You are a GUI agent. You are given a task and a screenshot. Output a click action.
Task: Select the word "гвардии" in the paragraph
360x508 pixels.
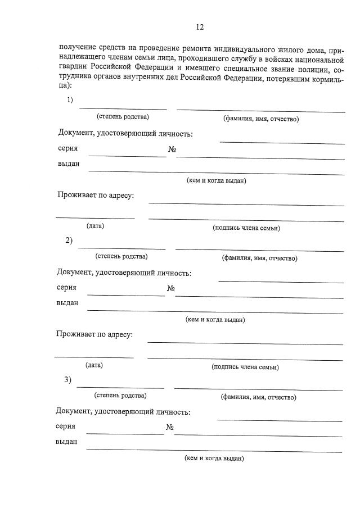click(x=72, y=70)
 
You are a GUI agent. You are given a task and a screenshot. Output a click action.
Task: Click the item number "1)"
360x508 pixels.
click(x=70, y=100)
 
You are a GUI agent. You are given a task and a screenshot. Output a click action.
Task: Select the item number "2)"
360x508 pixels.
click(x=69, y=241)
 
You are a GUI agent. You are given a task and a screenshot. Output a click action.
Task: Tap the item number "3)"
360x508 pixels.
click(x=68, y=380)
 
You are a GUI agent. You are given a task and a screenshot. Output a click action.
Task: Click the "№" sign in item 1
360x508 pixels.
click(x=173, y=150)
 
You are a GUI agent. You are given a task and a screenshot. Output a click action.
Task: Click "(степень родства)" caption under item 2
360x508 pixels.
click(x=121, y=257)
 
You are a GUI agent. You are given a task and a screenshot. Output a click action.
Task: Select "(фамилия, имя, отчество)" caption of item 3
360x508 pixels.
click(x=258, y=397)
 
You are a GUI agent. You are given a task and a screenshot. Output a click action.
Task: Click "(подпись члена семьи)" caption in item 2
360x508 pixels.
click(x=245, y=367)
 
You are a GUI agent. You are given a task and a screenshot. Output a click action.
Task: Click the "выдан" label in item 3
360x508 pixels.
click(x=66, y=442)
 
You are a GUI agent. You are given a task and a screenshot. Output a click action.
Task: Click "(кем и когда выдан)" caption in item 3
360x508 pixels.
click(x=214, y=458)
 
